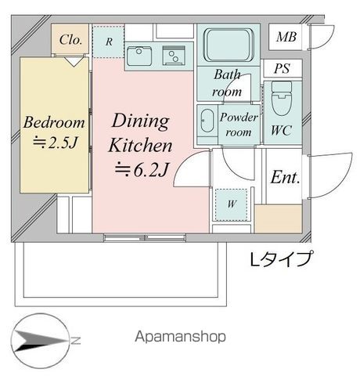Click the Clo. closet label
[x=70, y=40]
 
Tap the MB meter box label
[x=286, y=37]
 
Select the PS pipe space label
[x=282, y=68]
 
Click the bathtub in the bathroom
[x=229, y=45]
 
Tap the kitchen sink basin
[x=139, y=56]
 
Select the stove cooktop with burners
[x=174, y=56]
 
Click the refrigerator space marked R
[x=109, y=42]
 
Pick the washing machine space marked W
[x=232, y=204]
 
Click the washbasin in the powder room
[x=207, y=121]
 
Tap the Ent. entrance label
[x=285, y=178]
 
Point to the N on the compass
[x=76, y=341]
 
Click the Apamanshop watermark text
[x=180, y=337]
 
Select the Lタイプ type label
[x=281, y=259]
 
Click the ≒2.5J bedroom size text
[x=55, y=143]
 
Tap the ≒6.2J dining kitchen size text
[x=142, y=170]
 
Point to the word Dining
[x=140, y=121]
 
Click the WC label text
[x=281, y=130]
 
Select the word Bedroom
[x=54, y=122]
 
